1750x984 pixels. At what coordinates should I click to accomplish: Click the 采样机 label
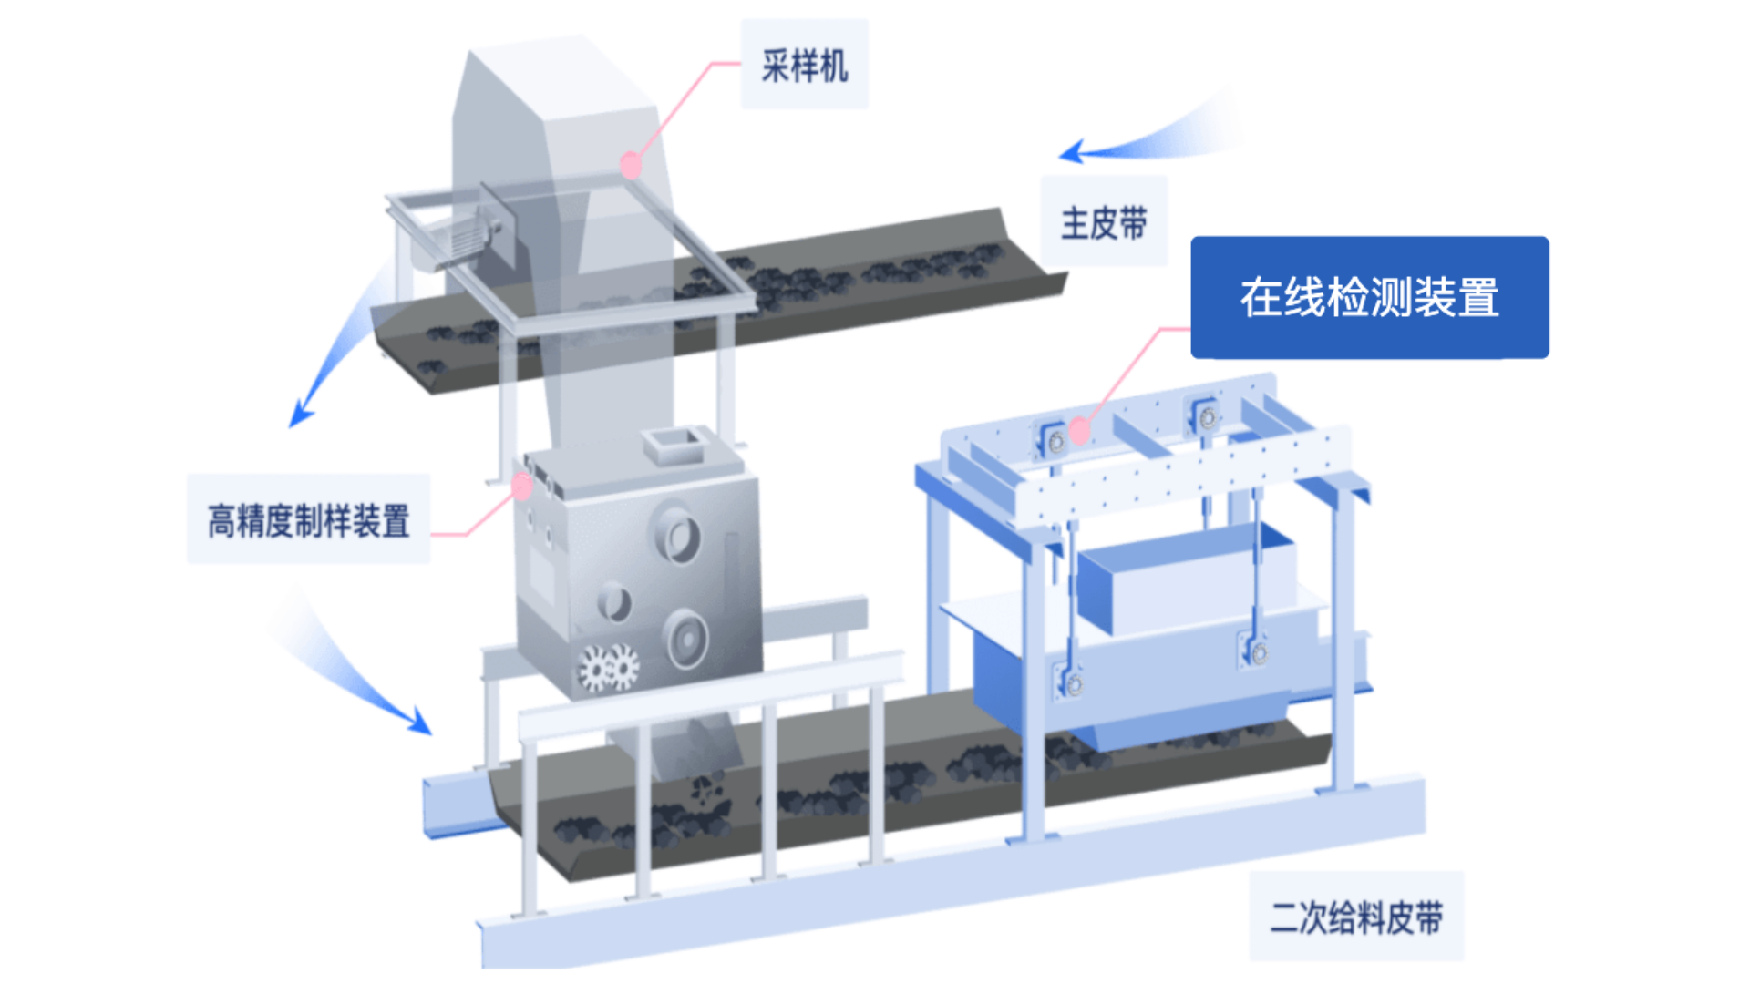coord(805,66)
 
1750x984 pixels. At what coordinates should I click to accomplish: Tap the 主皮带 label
coord(1104,223)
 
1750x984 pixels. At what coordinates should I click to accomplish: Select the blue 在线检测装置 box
coord(1369,297)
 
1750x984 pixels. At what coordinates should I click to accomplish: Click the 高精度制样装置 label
coord(309,521)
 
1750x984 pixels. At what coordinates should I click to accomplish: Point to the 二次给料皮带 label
coord(1356,917)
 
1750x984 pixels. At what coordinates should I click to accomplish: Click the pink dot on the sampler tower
coord(631,166)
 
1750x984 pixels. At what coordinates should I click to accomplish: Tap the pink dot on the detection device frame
coord(1080,431)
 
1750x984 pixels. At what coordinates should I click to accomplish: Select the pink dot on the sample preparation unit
coord(522,487)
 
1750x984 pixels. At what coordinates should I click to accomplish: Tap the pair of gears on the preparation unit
coord(609,669)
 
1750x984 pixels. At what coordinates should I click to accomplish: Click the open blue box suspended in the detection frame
coord(1185,579)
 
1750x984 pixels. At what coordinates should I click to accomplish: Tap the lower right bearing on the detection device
coord(1259,652)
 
